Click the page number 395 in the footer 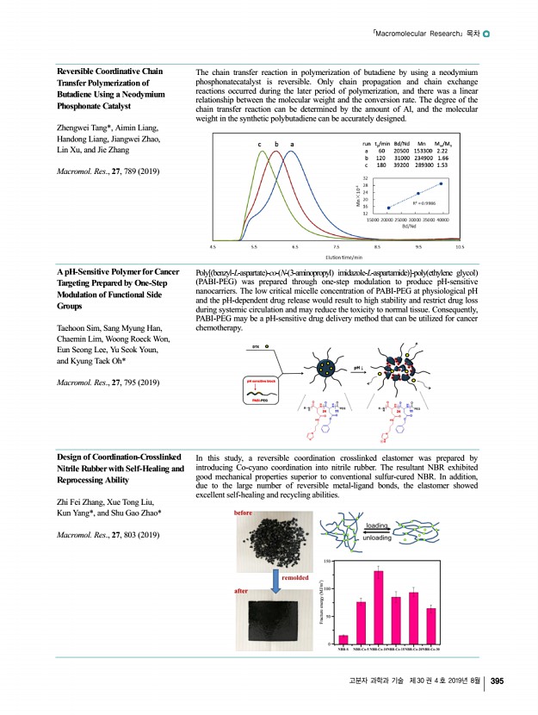coord(496,681)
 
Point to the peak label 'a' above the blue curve coord(292,144)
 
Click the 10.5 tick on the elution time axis coord(461,246)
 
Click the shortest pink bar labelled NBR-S coord(343,639)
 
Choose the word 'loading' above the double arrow coord(379,525)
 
